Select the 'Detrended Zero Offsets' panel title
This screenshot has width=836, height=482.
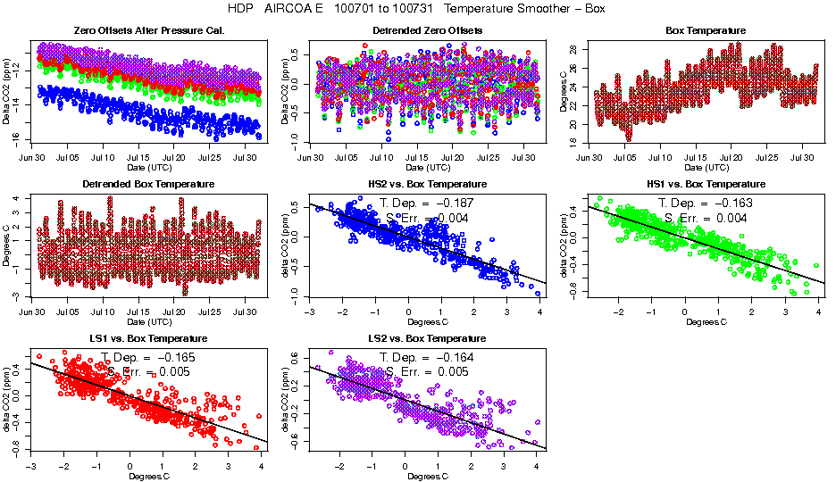pyautogui.click(x=428, y=31)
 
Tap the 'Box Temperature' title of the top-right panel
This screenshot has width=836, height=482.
pyautogui.click(x=706, y=31)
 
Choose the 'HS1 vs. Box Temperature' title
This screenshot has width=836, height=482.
pyautogui.click(x=706, y=185)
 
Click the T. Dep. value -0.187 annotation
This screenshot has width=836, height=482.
pyautogui.click(x=471, y=204)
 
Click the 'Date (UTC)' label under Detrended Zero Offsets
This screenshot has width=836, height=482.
pyautogui.click(x=427, y=168)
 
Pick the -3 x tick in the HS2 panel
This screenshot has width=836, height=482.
pyautogui.click(x=309, y=312)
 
